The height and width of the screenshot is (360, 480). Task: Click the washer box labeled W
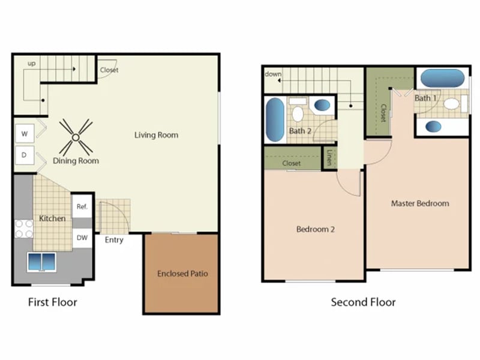tap(25, 133)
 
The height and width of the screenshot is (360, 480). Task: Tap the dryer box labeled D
tap(25, 155)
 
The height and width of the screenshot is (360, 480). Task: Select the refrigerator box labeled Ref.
tap(82, 206)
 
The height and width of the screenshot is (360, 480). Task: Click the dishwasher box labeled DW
tap(82, 238)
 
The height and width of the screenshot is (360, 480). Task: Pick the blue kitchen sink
tap(41, 262)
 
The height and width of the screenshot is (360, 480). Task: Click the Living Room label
tap(156, 135)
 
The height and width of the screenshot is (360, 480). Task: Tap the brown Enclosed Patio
tap(182, 274)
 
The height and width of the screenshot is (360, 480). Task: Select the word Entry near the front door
tap(114, 240)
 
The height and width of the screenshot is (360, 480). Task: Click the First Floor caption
tap(53, 302)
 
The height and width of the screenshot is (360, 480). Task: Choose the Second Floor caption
tap(363, 302)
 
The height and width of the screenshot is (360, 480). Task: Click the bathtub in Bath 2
tap(275, 119)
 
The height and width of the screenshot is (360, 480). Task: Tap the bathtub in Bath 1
tap(442, 79)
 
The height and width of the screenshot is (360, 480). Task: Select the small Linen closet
tap(329, 158)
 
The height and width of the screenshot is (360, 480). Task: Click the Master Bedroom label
tap(419, 203)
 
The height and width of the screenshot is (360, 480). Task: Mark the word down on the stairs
tap(273, 74)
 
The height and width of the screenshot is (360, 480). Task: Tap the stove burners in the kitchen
tap(23, 229)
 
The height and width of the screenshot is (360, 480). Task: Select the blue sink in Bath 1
tap(433, 126)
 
